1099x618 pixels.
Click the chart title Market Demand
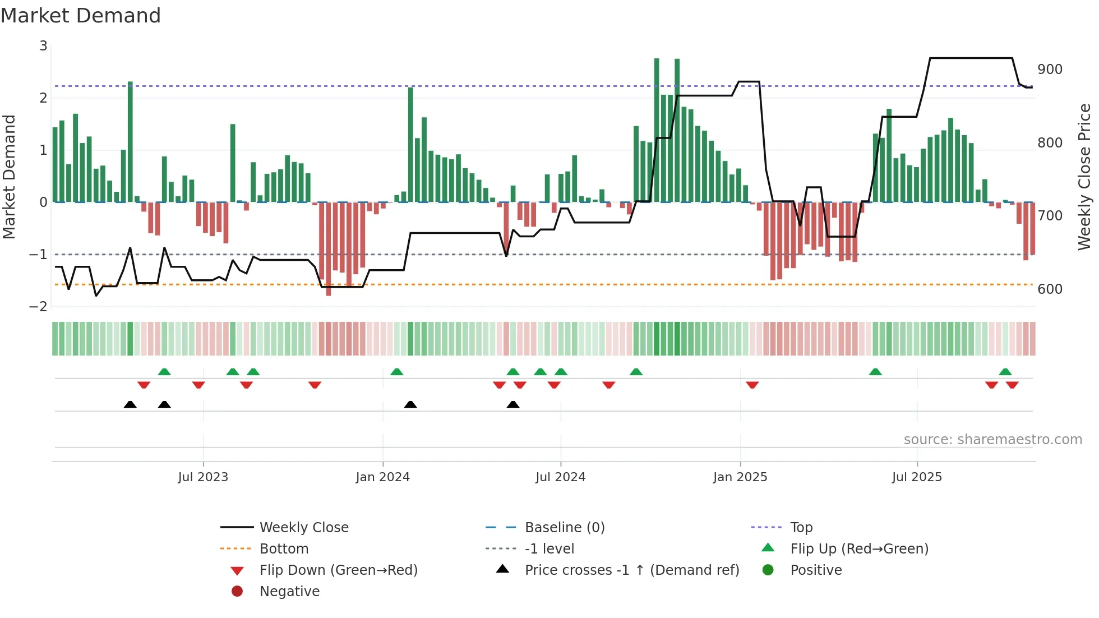click(x=81, y=16)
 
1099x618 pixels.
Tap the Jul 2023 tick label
click(x=203, y=477)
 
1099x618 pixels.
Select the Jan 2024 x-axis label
click(x=382, y=477)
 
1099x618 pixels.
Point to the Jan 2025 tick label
click(x=740, y=477)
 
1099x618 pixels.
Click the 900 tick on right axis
click(x=1050, y=70)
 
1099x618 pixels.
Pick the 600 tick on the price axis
click(x=1050, y=289)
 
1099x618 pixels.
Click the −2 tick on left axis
click(x=38, y=307)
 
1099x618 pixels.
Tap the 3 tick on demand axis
click(x=43, y=46)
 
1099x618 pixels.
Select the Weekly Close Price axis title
click(x=1084, y=177)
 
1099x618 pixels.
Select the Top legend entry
click(x=801, y=528)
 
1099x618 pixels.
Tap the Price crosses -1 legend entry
click(x=631, y=570)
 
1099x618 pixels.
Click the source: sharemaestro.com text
click(x=992, y=440)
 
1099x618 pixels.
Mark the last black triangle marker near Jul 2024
click(x=512, y=404)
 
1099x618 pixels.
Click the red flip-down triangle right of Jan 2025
click(x=752, y=385)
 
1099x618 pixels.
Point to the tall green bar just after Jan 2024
click(x=410, y=145)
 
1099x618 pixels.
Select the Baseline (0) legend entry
click(x=564, y=528)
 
